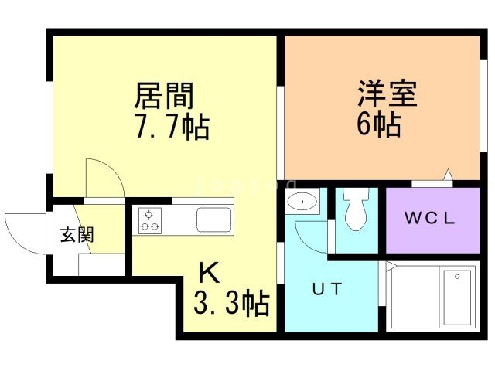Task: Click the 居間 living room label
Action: [164, 97]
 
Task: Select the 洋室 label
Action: [387, 96]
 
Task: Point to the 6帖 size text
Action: [378, 124]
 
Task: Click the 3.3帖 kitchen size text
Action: [230, 302]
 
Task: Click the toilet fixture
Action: [357, 209]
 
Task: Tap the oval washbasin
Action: [301, 203]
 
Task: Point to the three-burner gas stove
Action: [150, 220]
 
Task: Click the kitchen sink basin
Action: [213, 220]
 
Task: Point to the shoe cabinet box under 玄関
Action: [101, 264]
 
